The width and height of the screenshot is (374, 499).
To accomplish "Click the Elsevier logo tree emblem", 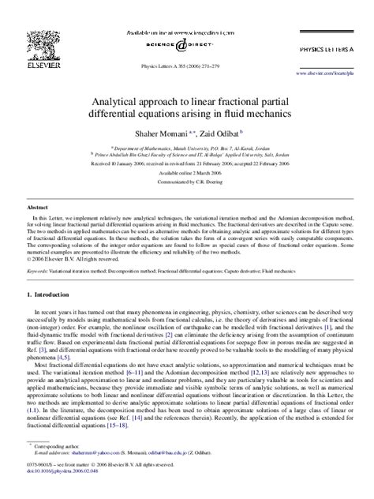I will click(39, 44).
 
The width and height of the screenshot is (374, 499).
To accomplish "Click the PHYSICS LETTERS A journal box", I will click(329, 49).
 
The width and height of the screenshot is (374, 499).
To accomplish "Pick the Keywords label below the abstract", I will click(36, 269).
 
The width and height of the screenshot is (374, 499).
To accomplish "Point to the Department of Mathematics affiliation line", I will click(189, 146).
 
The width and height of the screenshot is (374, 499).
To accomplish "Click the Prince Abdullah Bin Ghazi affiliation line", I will click(189, 153).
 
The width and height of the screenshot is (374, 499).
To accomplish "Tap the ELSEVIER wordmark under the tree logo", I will click(39, 65).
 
